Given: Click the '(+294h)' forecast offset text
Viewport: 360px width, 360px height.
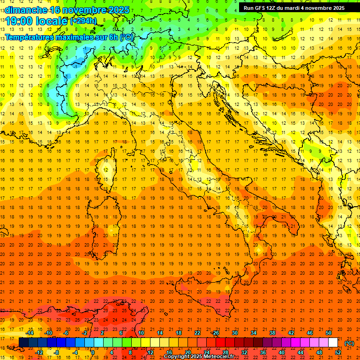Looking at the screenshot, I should click(x=83, y=21).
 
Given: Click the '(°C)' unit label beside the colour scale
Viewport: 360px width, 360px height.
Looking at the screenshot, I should click(x=349, y=343).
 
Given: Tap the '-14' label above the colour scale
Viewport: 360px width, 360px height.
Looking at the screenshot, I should click(x=30, y=333).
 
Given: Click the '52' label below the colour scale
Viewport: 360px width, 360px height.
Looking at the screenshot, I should click(x=337, y=352).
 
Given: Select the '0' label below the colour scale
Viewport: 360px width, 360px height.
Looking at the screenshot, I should click(x=93, y=352).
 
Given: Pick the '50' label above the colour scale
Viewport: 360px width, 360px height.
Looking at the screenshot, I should click(x=328, y=333).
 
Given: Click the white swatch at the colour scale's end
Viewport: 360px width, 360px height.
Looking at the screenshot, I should click(x=333, y=343).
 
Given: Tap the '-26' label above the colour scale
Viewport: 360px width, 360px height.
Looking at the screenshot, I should click(x=215, y=333).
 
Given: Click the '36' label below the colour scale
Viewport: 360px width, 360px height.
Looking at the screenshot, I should click(x=263, y=352).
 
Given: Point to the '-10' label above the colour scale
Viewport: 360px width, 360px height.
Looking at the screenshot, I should click(x=48, y=333).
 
